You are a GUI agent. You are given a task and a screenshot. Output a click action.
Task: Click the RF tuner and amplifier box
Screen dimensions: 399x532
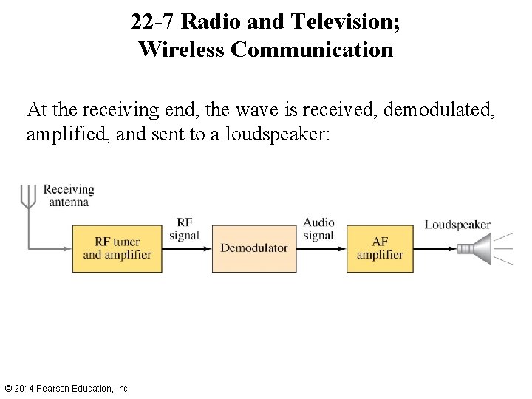[x=117, y=248]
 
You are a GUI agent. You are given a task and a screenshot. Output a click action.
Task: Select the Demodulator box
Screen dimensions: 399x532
[x=254, y=248]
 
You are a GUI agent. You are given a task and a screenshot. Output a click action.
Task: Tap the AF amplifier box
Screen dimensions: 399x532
[x=380, y=248]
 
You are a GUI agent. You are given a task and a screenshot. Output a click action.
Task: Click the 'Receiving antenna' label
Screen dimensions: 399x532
[x=69, y=196]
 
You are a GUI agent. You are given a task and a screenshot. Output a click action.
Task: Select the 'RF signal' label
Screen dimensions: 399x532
[x=184, y=228]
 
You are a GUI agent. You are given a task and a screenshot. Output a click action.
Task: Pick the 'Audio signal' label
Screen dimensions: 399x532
[x=318, y=229]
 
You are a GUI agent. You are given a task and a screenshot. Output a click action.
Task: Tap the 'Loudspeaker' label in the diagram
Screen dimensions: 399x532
[x=457, y=225]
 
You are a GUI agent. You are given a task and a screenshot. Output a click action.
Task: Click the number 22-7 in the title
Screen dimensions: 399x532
[x=153, y=21]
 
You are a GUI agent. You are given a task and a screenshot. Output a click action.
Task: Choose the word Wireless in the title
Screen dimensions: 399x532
[x=182, y=50]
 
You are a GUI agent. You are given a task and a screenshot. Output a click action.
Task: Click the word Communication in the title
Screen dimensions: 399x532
[x=312, y=50]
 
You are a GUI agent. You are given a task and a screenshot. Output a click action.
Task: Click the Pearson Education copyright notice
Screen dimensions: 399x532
[x=66, y=388]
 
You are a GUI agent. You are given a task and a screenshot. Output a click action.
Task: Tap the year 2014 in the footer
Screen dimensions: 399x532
[x=25, y=388]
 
